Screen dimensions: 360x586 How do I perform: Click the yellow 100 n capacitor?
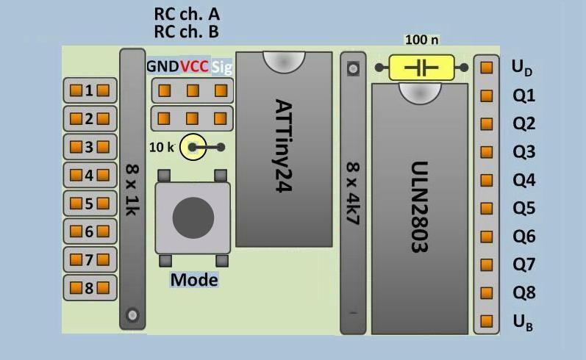pos(422,68)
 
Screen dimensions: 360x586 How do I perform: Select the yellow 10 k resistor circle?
pos(193,147)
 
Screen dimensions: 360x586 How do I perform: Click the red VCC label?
pos(195,67)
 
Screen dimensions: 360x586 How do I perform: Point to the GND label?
pos(162,67)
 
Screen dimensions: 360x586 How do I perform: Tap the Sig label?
pos(221,67)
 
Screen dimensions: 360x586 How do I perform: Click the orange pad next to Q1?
pos(486,96)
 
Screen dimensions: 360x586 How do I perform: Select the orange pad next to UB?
pos(486,321)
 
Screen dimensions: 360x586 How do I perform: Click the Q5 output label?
pos(524,208)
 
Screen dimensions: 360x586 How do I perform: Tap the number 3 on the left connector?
pos(89,147)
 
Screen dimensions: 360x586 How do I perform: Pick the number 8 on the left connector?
pos(89,287)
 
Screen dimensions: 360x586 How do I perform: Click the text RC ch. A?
pos(187,14)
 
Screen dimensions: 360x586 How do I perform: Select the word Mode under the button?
pos(194,280)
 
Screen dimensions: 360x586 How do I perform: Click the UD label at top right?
pos(522,68)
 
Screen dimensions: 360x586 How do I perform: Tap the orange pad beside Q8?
pos(486,292)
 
